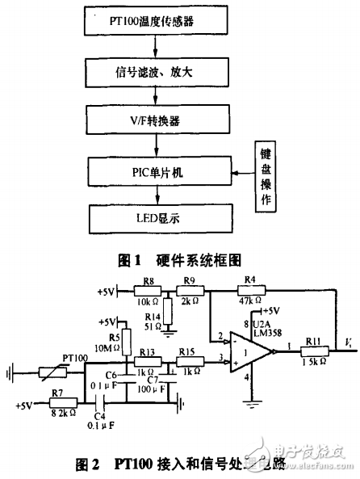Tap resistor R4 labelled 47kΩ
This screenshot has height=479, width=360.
249,289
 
